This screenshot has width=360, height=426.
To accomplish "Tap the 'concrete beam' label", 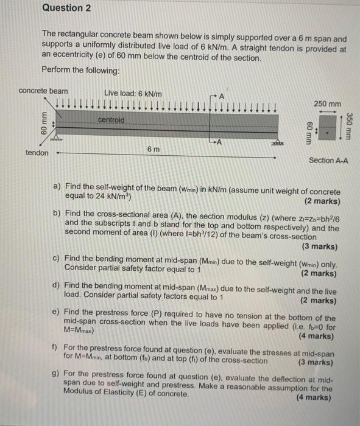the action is pos(43,91).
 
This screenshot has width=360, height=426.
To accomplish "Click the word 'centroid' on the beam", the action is pos(112,120).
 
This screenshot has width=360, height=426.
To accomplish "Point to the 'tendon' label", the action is pos(37,153).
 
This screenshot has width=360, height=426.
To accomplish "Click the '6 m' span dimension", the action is pos(154,149).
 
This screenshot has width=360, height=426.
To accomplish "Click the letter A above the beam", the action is pos(222,96).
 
